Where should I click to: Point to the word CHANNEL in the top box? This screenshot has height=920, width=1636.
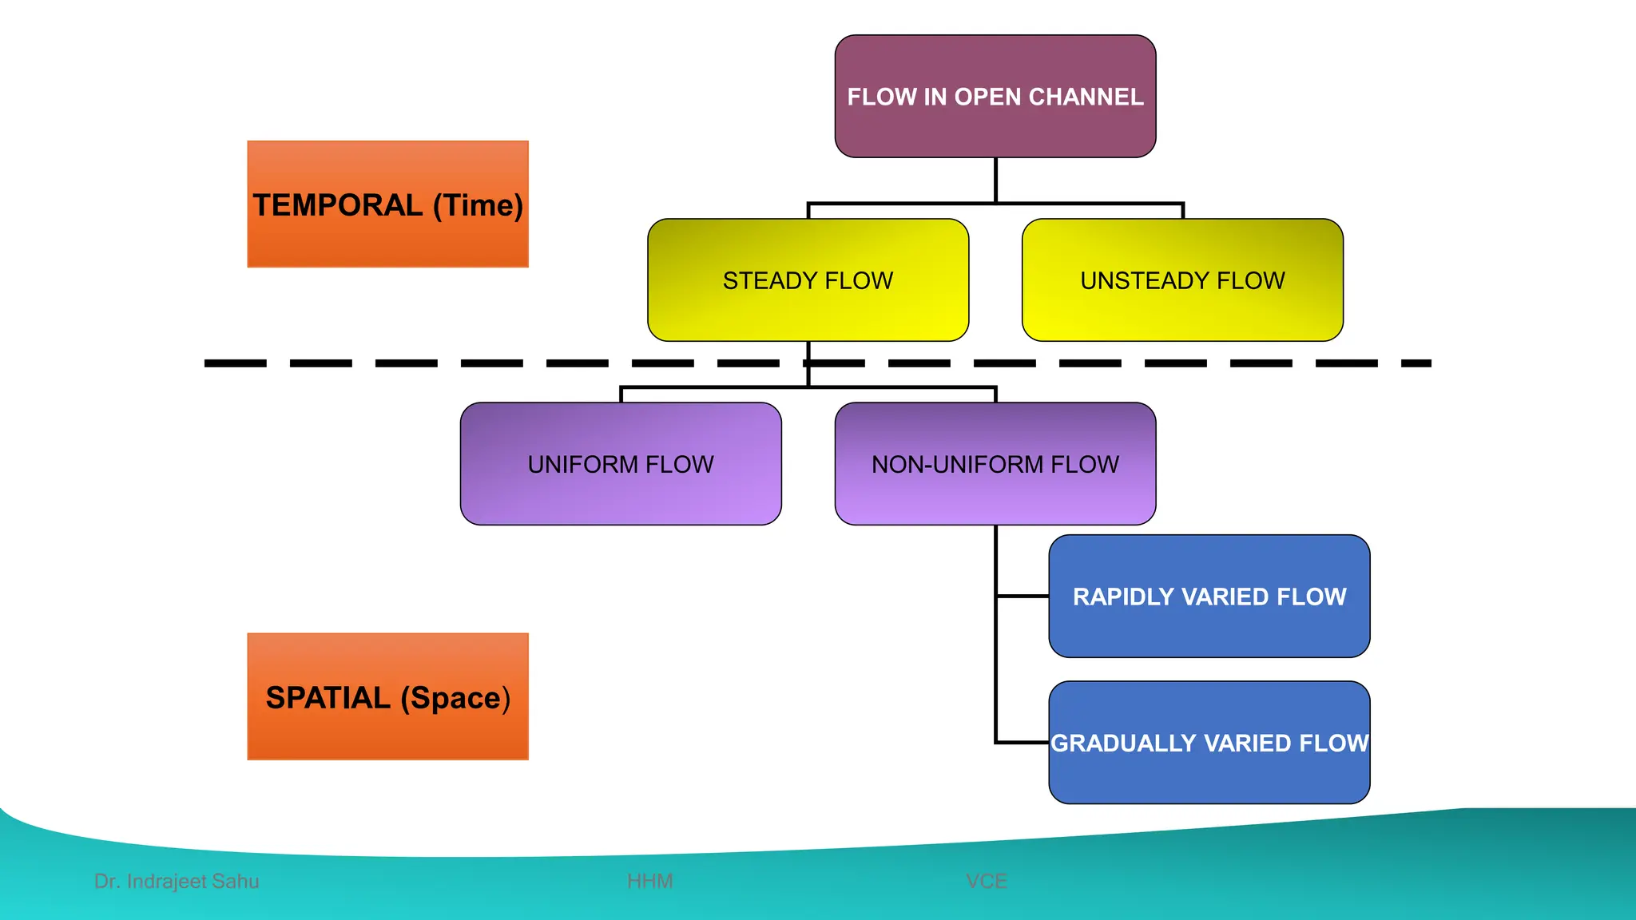(x=1086, y=97)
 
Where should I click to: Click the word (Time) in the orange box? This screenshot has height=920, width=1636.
(x=478, y=206)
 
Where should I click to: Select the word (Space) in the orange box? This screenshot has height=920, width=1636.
(x=455, y=699)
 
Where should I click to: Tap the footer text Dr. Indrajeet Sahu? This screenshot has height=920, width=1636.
(x=177, y=881)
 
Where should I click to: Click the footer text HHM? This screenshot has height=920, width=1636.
(x=649, y=881)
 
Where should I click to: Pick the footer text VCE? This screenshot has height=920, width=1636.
(x=986, y=881)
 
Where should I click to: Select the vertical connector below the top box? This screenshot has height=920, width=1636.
(x=995, y=180)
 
